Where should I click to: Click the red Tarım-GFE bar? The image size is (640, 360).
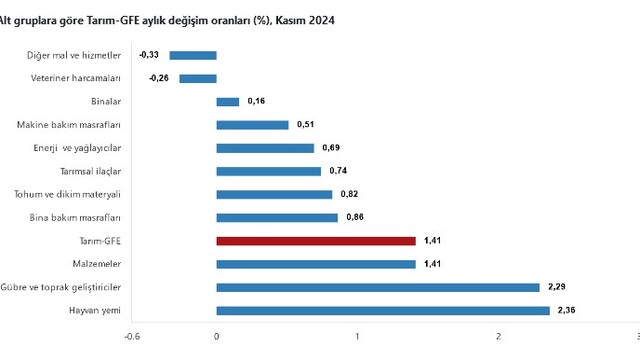316,241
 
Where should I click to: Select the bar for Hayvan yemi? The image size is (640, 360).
383,311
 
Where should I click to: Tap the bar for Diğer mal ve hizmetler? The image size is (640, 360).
193,56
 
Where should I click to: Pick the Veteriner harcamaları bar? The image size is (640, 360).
198,79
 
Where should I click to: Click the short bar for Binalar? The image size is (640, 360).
228,102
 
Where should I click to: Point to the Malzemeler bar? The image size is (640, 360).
316,264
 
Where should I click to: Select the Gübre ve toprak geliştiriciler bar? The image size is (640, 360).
378,288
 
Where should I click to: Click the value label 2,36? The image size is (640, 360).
567,310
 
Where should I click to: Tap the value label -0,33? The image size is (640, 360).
149,55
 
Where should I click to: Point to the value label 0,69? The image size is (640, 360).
331,148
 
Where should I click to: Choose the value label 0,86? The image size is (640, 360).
355,217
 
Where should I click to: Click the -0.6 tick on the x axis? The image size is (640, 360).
132,337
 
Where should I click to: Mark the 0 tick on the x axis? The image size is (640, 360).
216,337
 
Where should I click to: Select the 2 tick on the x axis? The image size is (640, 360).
498,337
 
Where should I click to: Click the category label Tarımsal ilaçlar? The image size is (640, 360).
91,171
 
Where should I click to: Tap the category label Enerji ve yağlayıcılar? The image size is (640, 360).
77,148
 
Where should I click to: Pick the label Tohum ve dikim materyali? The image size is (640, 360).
67,194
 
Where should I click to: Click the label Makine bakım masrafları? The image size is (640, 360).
69,125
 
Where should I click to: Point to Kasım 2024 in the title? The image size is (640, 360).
305,20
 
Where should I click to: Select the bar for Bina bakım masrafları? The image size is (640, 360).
277,218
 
